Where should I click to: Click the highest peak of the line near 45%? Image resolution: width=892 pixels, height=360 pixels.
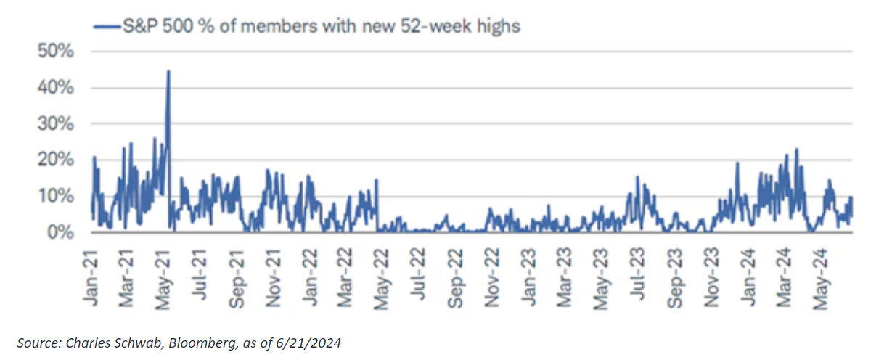[x=168, y=72]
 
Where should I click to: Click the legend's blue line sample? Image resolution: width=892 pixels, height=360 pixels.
[x=105, y=26]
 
